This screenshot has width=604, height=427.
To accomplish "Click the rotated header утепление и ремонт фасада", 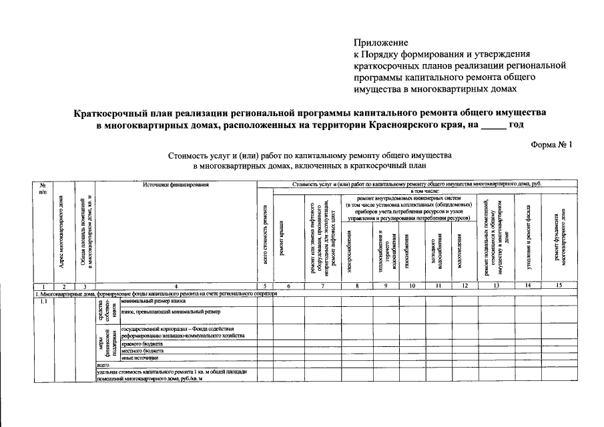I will (x=528, y=237).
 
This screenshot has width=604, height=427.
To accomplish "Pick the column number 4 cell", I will (x=176, y=286).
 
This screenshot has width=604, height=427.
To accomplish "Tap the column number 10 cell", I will (x=412, y=286).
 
